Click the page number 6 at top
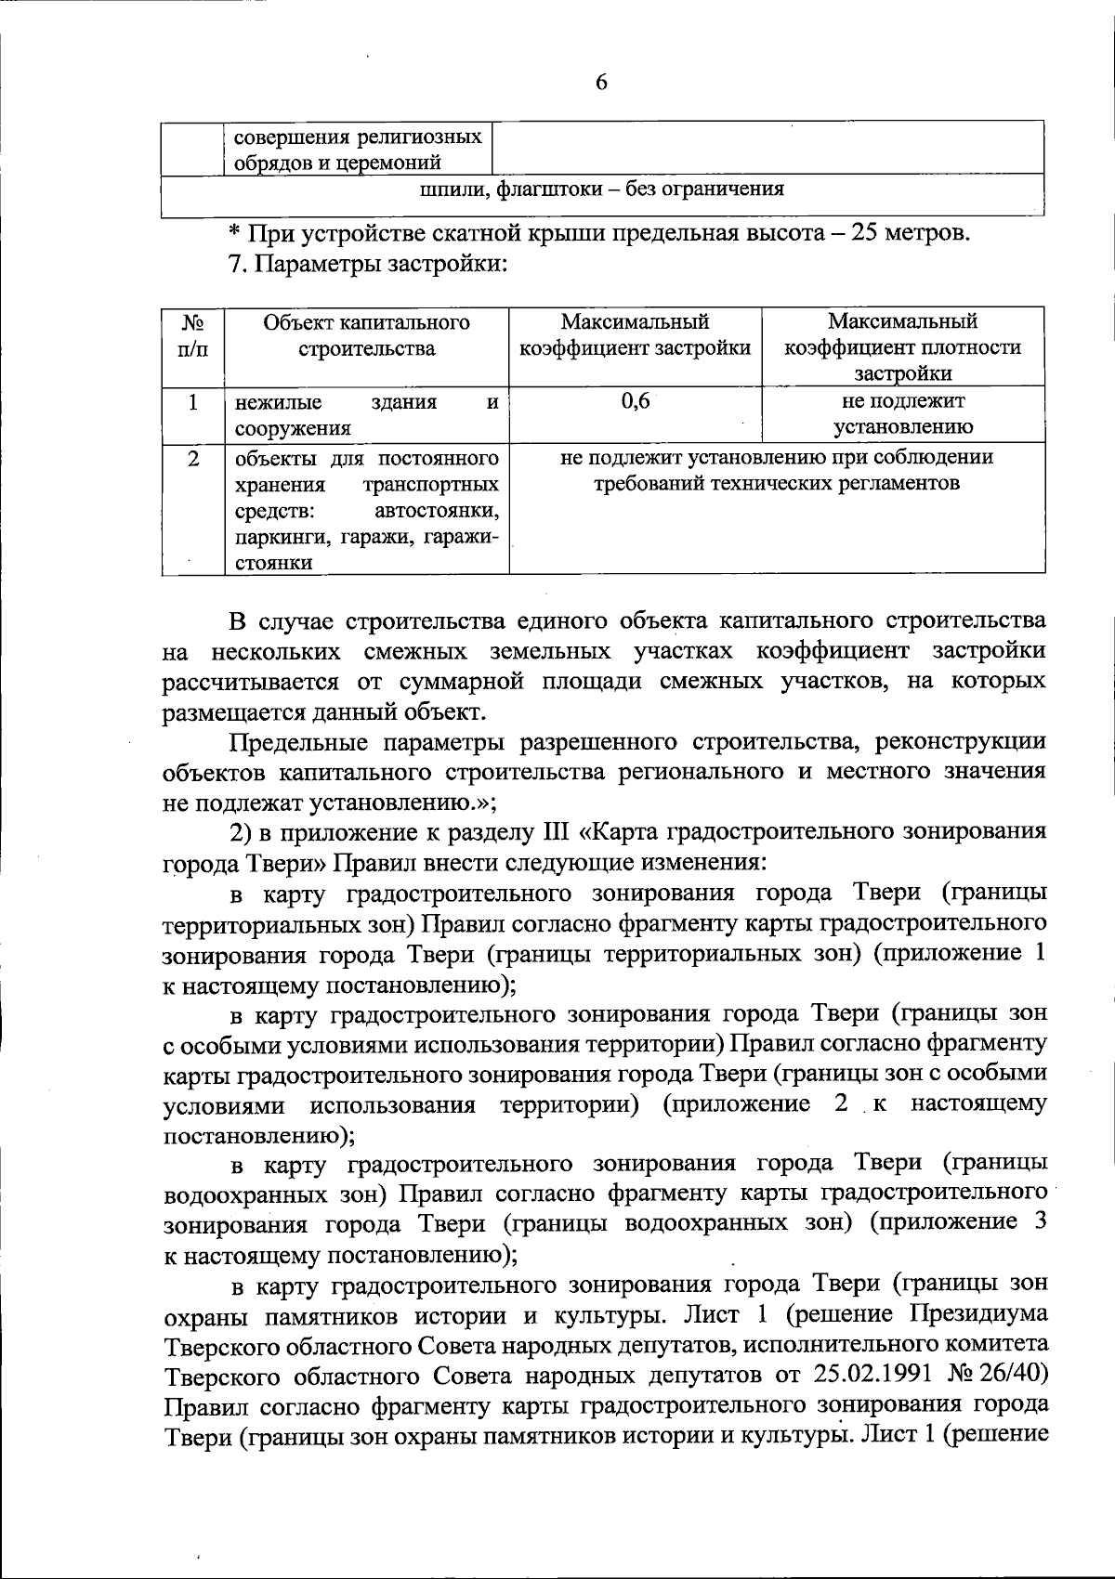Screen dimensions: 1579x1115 [x=601, y=83]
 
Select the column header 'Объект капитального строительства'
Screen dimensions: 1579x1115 [x=366, y=335]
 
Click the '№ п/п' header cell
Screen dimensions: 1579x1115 [x=192, y=335]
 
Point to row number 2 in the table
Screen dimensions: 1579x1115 [x=192, y=458]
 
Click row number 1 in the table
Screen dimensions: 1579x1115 [x=192, y=402]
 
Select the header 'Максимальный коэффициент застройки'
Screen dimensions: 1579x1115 [x=635, y=335]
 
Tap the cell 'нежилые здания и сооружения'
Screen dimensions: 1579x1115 [x=366, y=414]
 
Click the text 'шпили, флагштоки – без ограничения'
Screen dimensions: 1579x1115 [x=602, y=189]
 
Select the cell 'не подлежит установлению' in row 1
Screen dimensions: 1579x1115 [x=902, y=414]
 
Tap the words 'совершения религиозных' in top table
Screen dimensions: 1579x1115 [x=357, y=137]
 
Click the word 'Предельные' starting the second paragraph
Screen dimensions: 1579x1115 [x=293, y=742]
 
